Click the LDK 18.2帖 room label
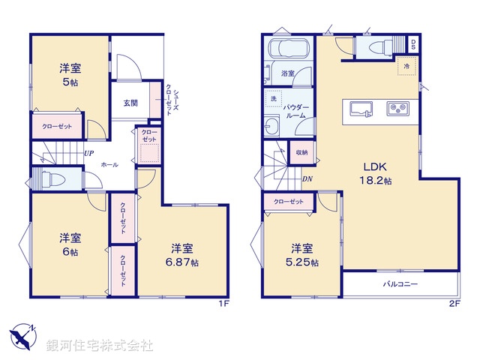click(375, 173)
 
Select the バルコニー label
click(401, 284)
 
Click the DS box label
click(413, 43)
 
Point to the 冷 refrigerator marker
click(406, 67)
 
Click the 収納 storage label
click(301, 151)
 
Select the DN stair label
click(307, 178)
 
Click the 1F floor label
click(223, 303)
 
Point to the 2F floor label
click(454, 303)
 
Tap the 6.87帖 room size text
click(184, 262)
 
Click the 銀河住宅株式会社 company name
click(100, 346)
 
